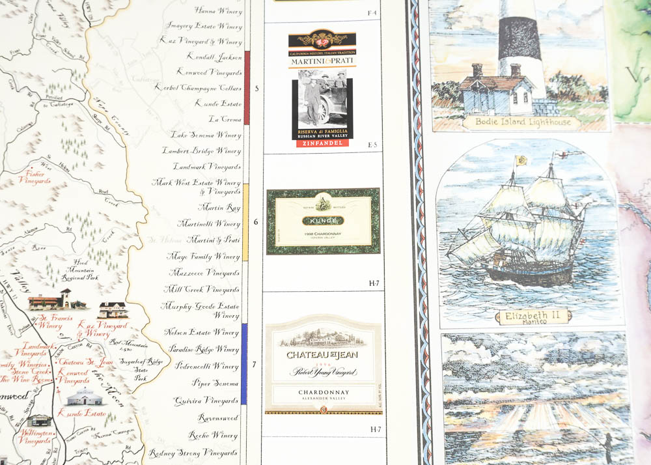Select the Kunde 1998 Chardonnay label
[323, 221]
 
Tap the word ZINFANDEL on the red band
[322, 143]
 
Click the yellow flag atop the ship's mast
[521, 159]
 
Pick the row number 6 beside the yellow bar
[255, 222]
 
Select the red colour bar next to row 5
[247, 88]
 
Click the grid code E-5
[372, 145]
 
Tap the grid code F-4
[372, 13]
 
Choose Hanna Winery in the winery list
[218, 10]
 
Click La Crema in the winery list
[225, 119]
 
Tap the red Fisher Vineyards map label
[35, 177]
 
